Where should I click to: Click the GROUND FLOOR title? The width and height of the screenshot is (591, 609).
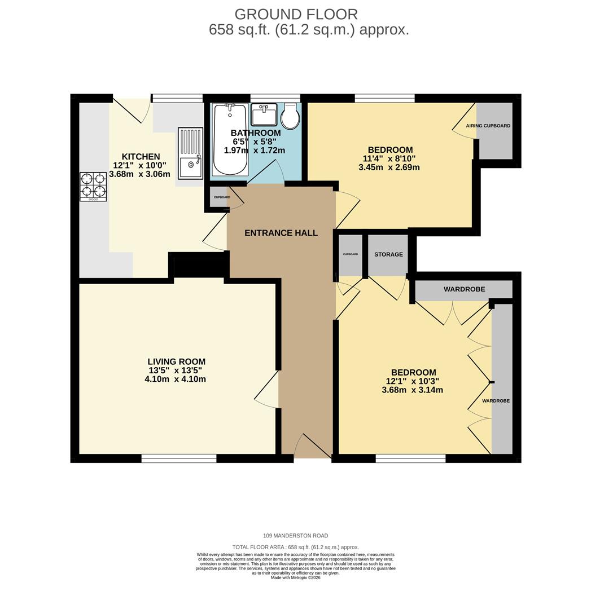pyautogui.click(x=296, y=14)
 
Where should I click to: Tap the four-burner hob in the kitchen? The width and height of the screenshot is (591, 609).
pyautogui.click(x=93, y=187)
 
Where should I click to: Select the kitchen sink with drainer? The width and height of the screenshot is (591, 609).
pyautogui.click(x=191, y=153)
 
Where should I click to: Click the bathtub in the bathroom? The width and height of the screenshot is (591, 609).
pyautogui.click(x=230, y=139)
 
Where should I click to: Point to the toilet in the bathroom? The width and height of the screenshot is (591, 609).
pyautogui.click(x=290, y=116)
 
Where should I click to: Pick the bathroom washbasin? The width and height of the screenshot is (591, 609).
pyautogui.click(x=264, y=113)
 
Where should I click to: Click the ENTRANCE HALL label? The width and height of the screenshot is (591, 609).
pyautogui.click(x=281, y=233)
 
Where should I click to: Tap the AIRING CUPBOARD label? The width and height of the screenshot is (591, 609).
pyautogui.click(x=488, y=126)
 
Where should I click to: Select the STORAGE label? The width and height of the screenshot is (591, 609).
pyautogui.click(x=388, y=254)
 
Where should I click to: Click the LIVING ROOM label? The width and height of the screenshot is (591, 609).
pyautogui.click(x=177, y=361)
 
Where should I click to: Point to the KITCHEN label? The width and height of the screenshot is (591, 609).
pyautogui.click(x=141, y=157)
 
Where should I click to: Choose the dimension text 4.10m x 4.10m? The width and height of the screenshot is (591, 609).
pyautogui.click(x=176, y=379)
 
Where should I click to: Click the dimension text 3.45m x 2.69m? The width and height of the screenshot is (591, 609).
pyautogui.click(x=389, y=168)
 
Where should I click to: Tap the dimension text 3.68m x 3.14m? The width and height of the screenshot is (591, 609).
pyautogui.click(x=413, y=390)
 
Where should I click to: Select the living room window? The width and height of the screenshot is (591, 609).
pyautogui.click(x=179, y=458)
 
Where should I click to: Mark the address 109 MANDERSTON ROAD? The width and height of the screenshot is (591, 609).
pyautogui.click(x=296, y=536)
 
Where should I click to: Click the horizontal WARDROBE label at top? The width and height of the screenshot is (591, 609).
pyautogui.click(x=464, y=289)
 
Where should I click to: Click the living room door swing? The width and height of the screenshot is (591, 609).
pyautogui.click(x=267, y=389)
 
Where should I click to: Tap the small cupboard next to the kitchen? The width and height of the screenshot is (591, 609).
pyautogui.click(x=219, y=197)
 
